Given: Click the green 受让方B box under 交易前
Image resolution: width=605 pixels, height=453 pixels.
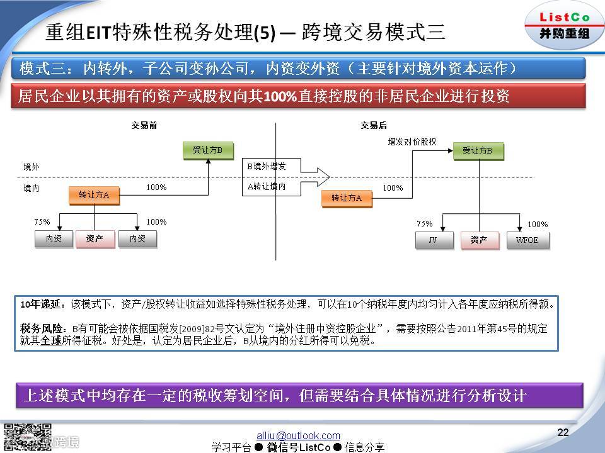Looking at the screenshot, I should point(208,150).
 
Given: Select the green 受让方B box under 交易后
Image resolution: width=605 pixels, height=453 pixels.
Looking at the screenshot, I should point(477,151).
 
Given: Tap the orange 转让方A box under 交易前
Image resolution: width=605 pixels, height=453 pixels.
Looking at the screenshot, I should point(94,195).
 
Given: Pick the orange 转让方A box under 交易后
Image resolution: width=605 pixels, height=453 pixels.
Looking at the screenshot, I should point(346,198).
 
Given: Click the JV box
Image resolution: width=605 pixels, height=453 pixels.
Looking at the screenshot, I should point(432,240).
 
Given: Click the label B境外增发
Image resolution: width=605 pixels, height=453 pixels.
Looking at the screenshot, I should point(266,167).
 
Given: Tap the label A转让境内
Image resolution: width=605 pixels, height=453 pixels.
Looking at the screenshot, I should point(266,186).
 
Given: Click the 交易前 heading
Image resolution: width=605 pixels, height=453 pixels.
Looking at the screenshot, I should point(144,126).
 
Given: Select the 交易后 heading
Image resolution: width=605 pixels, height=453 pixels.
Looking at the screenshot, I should point(374,126).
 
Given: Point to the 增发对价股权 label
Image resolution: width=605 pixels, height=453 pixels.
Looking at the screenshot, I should point(412,142).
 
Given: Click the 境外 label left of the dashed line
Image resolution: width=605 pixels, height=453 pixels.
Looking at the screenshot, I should point(32,167).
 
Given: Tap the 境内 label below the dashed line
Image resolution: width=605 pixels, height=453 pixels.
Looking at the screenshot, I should point(32,187).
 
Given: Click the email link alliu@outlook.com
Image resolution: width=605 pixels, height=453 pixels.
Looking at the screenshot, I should point(298,435).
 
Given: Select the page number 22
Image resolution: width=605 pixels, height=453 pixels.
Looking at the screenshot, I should point(563,432).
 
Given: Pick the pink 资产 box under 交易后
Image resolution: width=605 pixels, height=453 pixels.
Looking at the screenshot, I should point(479,240).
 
